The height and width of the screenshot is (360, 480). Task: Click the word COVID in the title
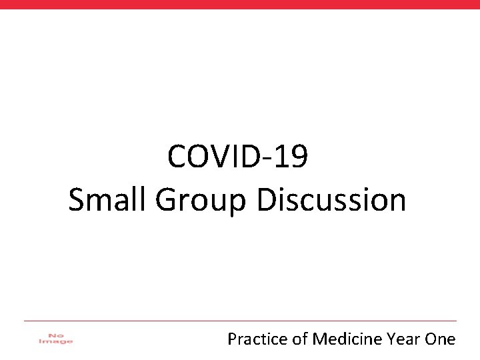[212, 158]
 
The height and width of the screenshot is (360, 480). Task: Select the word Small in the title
[109, 200]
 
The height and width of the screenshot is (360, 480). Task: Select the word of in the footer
[299, 339]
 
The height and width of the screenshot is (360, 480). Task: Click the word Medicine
[345, 339]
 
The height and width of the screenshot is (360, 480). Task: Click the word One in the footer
[440, 339]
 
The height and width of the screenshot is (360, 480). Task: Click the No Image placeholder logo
[56, 339]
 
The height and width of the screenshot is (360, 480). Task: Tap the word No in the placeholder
[56, 335]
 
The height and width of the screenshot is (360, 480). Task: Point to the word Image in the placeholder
[56, 342]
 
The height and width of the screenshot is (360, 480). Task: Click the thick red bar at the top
[240, 4]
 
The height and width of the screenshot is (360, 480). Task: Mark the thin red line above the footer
[240, 321]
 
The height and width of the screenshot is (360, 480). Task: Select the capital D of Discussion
[266, 200]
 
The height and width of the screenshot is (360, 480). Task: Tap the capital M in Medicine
[319, 339]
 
